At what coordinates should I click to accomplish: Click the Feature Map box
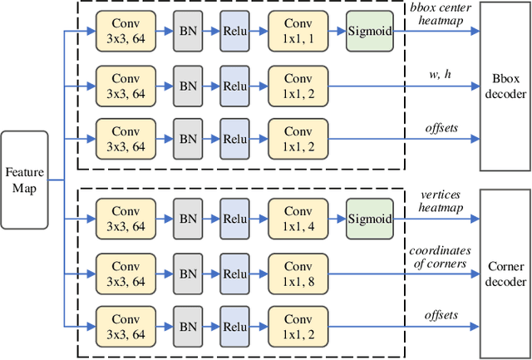click(x=24, y=180)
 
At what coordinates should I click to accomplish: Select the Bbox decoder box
click(x=505, y=86)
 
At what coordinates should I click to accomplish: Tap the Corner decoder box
click(x=505, y=275)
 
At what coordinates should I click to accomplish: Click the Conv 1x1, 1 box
click(x=298, y=32)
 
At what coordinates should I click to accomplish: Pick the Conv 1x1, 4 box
click(x=298, y=220)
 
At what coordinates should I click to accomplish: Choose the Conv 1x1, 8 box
click(x=298, y=273)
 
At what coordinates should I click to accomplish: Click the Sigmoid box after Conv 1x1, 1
click(x=370, y=32)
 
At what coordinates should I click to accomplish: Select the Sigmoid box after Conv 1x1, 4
click(x=370, y=220)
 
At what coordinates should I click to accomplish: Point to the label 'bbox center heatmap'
click(x=440, y=13)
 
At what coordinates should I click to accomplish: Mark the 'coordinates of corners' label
click(x=440, y=257)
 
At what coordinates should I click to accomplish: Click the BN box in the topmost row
click(x=187, y=32)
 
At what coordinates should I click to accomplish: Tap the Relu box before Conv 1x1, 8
click(x=235, y=273)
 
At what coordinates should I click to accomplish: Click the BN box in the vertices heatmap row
click(x=187, y=220)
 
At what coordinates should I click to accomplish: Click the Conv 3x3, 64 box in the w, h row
click(x=126, y=85)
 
